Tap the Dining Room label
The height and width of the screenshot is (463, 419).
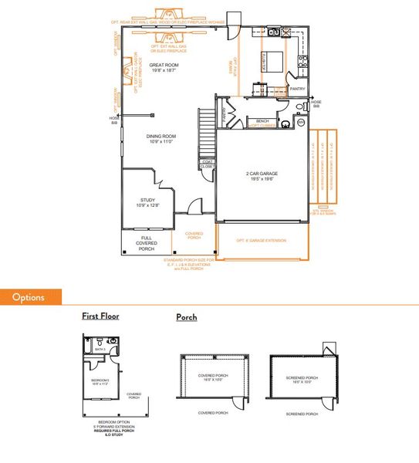click(x=162, y=140)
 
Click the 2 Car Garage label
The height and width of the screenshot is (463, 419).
click(x=262, y=174)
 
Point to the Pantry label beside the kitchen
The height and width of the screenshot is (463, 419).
click(x=298, y=89)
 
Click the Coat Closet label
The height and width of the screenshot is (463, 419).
click(x=207, y=164)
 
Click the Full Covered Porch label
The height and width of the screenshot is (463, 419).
click(x=147, y=243)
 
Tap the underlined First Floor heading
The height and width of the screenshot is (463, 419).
click(x=100, y=316)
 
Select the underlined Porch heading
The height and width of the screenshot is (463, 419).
click(x=187, y=317)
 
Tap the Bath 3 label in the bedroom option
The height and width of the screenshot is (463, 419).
click(x=99, y=350)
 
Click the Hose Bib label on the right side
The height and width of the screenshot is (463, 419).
click(x=316, y=104)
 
